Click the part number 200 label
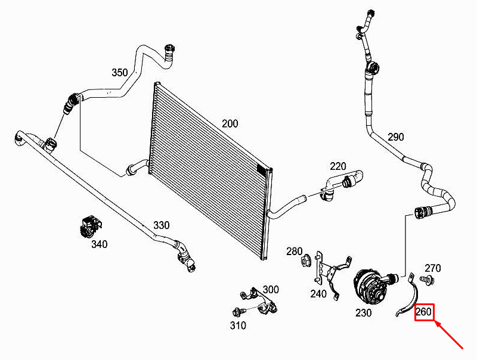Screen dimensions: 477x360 click(x=230, y=124)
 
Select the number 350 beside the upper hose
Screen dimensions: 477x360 click(x=120, y=73)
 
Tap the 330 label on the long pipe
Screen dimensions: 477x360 click(x=161, y=225)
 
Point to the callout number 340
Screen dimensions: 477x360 click(x=100, y=244)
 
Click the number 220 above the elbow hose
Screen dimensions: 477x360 click(x=338, y=166)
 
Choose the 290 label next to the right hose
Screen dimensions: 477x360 click(x=396, y=137)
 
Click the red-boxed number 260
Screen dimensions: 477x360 click(x=423, y=312)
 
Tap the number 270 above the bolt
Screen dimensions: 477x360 click(x=433, y=268)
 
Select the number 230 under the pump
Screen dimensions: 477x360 click(x=364, y=312)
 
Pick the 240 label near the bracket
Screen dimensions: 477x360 click(x=318, y=294)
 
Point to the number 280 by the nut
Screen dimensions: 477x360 click(x=294, y=252)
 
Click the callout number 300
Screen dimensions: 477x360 click(x=271, y=290)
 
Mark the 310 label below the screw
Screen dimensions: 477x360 click(x=238, y=325)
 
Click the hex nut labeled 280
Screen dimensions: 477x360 click(x=305, y=261)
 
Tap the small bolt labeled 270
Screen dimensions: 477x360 click(x=427, y=280)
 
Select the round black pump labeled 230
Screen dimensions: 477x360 click(x=373, y=285)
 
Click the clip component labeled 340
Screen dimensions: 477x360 click(x=90, y=226)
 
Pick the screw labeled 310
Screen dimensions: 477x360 click(x=238, y=312)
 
